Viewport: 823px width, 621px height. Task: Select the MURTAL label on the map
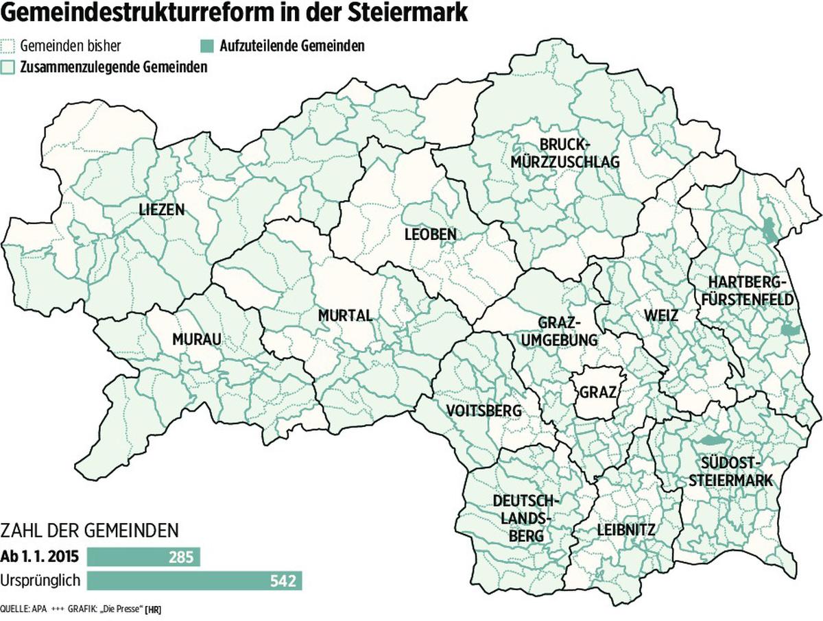pos(345,316)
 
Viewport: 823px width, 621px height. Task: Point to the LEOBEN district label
pos(429,235)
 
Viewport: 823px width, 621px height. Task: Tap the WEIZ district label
pos(661,316)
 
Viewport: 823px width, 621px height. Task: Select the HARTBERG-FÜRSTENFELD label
pos(751,291)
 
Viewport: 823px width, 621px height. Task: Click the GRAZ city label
pos(598,393)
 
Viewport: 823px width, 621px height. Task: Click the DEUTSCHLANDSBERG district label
pos(527,518)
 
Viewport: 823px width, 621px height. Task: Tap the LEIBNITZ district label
pos(625,530)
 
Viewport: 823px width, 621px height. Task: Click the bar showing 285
pos(143,557)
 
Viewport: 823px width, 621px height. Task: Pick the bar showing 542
pos(194,581)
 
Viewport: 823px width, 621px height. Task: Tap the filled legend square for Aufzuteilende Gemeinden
pos(206,46)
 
